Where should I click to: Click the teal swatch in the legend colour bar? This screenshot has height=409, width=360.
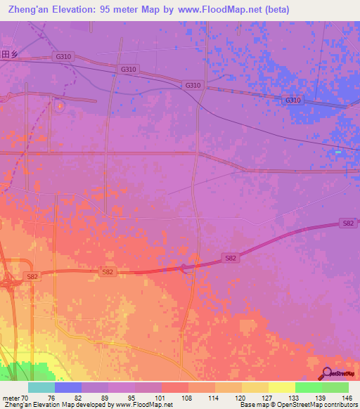(x=41, y=387)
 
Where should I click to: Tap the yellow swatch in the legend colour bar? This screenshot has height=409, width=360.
(x=282, y=387)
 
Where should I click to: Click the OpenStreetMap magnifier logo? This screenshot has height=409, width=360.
(x=326, y=374)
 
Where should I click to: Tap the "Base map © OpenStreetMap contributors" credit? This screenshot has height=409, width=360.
(x=298, y=405)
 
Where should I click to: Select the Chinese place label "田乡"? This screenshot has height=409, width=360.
(x=8, y=54)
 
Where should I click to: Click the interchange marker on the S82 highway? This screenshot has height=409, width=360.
(x=184, y=267)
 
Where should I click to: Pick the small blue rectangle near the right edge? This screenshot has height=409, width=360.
(x=338, y=152)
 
